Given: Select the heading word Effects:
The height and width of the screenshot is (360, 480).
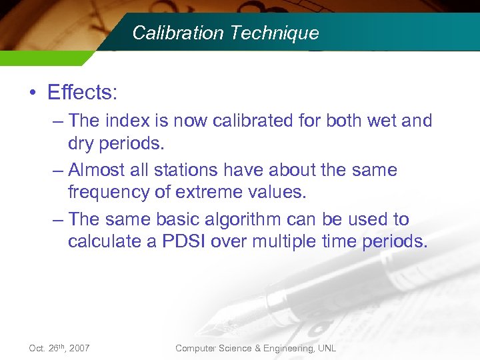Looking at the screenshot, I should [x=82, y=92].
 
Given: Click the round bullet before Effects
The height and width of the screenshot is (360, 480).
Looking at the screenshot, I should [x=33, y=93].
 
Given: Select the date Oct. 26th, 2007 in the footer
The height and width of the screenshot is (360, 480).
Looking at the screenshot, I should [x=59, y=348].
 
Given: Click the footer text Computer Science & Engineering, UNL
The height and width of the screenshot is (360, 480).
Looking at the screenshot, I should [x=255, y=348].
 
